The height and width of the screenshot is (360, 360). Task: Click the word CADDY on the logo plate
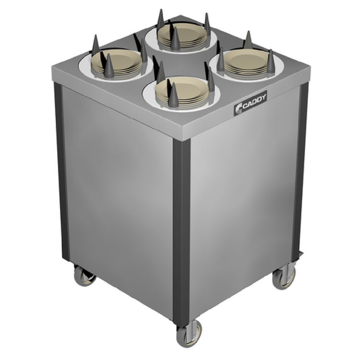tap(254, 102)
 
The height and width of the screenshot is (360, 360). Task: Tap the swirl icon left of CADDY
tap(238, 108)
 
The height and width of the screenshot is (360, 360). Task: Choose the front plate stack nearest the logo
tap(182, 92)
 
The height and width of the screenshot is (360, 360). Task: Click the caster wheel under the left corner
tap(84, 276)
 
